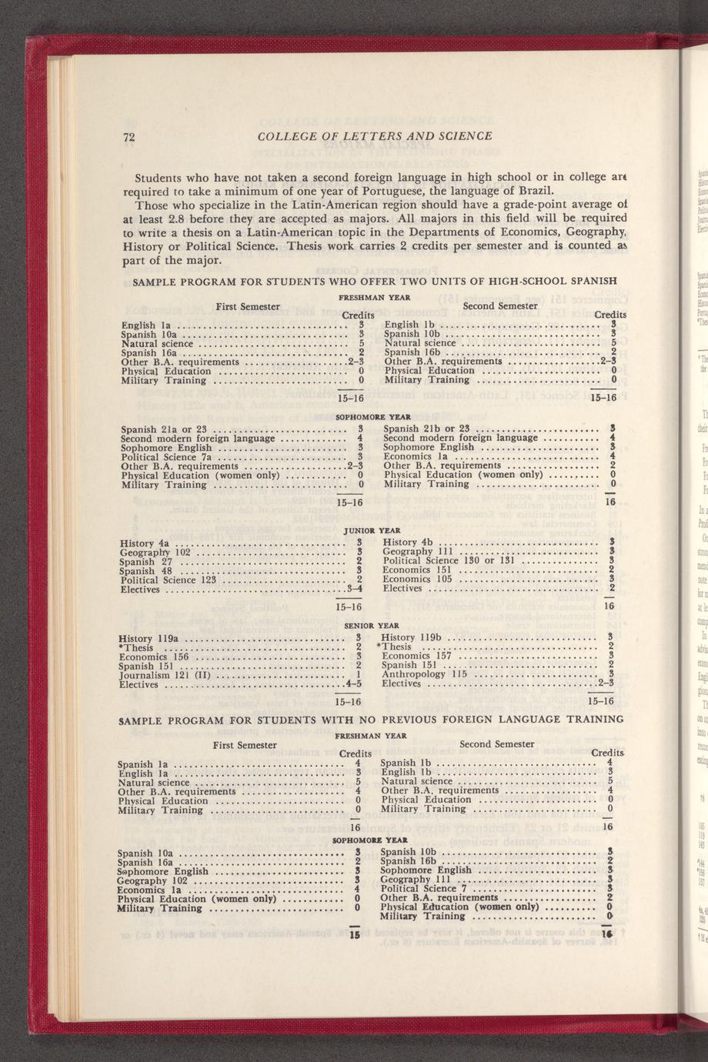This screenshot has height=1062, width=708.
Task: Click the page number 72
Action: coord(129,137)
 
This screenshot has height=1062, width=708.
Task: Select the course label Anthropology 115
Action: coord(425,674)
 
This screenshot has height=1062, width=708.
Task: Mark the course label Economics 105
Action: coord(417,579)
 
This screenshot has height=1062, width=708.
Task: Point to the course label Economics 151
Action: coord(416,570)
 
